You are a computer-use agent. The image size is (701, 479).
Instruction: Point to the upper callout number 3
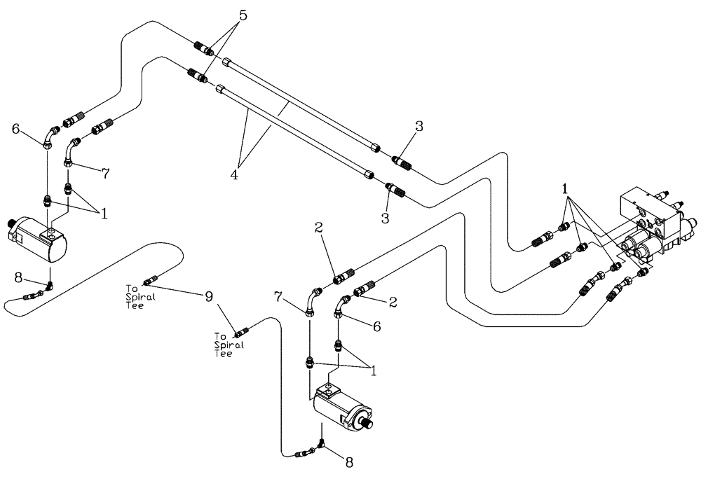click(x=418, y=127)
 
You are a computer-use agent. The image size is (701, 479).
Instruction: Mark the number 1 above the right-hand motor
click(x=374, y=371)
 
